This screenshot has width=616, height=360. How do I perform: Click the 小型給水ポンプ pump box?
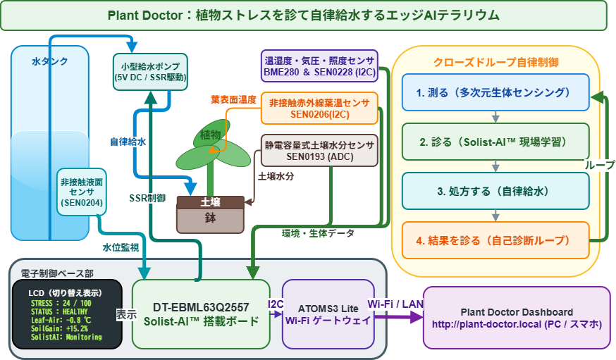tap(150, 72)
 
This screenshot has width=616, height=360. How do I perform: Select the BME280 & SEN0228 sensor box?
tap(319, 66)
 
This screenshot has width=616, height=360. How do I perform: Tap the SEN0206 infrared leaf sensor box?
tap(319, 108)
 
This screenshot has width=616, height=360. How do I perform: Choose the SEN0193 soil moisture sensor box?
tap(319, 151)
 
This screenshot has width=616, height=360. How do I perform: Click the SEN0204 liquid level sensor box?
tap(81, 192)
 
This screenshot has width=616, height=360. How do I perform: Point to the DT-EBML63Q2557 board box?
tap(201, 314)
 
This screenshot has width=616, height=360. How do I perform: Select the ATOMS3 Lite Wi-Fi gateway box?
tap(328, 314)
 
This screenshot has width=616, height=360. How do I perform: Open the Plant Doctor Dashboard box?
tap(517, 318)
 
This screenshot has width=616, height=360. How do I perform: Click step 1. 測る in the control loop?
tap(495, 92)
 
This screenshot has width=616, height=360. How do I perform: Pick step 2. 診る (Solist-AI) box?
tap(495, 142)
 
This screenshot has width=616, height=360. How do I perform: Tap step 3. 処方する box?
tap(495, 191)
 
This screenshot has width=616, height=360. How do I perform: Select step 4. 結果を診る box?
tap(495, 240)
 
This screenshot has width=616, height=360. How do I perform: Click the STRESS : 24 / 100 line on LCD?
tap(61, 303)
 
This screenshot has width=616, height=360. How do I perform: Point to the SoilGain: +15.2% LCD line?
tap(59, 328)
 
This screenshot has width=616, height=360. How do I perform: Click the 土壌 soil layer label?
tap(211, 202)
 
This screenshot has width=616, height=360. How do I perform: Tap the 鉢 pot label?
tap(211, 218)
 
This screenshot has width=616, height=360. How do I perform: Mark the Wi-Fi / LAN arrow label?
tap(395, 304)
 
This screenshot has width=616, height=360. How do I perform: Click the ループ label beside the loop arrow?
tap(600, 166)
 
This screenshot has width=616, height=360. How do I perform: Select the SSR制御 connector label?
tap(147, 198)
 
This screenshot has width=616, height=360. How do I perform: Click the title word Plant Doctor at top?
tap(145, 15)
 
